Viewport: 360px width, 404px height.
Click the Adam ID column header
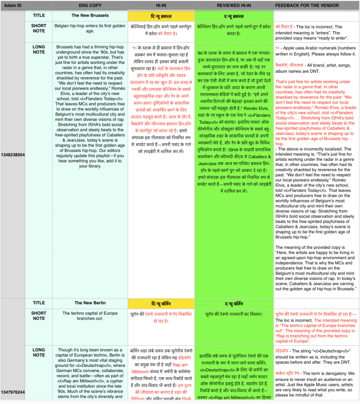(x=12, y=5)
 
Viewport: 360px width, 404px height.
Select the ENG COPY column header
(x=89, y=5)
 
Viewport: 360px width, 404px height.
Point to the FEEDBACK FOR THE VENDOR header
(x=314, y=5)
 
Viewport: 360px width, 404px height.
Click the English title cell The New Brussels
(x=89, y=15)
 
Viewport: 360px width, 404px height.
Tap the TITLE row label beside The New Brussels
(x=39, y=15)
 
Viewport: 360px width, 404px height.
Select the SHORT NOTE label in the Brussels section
(x=39, y=30)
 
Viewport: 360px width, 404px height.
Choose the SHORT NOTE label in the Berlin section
(x=39, y=316)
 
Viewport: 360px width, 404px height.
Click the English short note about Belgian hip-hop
(x=89, y=30)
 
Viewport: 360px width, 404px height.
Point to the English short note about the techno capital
(x=89, y=316)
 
